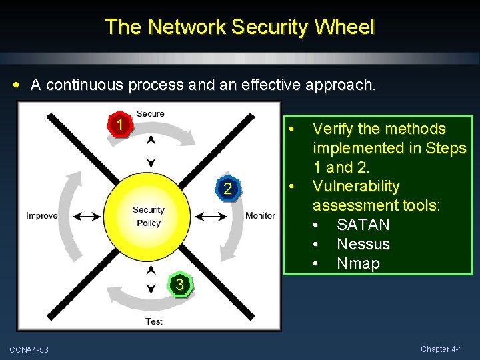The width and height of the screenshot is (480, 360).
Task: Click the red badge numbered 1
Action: point(119,125)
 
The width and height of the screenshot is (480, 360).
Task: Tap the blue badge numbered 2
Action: point(228,189)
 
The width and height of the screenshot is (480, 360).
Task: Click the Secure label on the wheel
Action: point(150,114)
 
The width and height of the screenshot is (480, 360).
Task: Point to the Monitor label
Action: point(260,215)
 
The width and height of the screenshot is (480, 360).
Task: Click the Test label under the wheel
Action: point(153,322)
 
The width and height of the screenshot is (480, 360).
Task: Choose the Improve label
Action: point(41,215)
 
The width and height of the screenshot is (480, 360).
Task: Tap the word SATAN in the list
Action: point(363,225)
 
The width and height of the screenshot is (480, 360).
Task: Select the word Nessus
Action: point(363,244)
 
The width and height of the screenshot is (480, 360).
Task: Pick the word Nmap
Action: point(358,263)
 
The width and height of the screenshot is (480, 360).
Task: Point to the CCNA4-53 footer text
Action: point(29,350)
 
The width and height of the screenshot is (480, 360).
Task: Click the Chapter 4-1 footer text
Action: point(445,349)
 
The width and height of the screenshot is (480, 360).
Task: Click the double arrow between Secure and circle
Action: point(151,151)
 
